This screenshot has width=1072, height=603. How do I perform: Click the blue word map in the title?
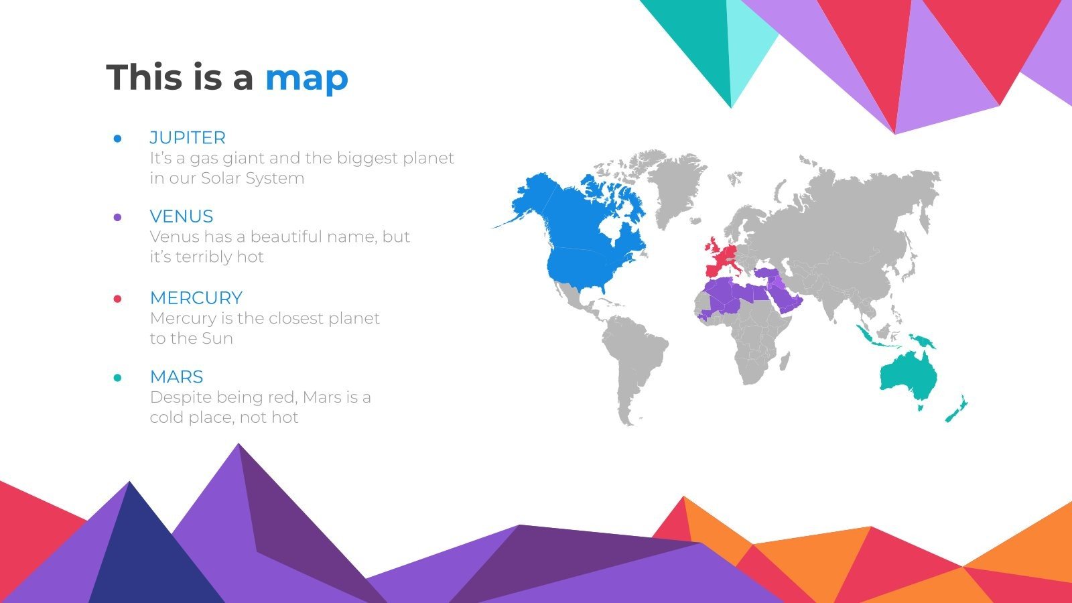(x=307, y=78)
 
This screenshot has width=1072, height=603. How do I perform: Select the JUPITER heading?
(x=188, y=137)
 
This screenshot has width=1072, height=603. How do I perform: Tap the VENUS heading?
(x=182, y=216)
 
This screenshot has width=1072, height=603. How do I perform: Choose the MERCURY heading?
(x=196, y=297)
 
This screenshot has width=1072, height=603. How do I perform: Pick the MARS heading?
(x=176, y=377)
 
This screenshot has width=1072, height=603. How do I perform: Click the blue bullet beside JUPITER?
(x=118, y=139)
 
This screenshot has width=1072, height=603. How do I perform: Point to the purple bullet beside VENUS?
(x=118, y=217)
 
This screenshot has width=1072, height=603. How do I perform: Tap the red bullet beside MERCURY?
(x=118, y=299)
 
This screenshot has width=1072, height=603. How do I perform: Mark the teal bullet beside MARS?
(x=118, y=378)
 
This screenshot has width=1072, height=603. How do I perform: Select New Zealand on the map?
(x=957, y=409)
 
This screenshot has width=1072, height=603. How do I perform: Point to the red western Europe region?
(x=720, y=258)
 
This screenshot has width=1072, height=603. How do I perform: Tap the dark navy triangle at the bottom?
(x=144, y=556)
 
